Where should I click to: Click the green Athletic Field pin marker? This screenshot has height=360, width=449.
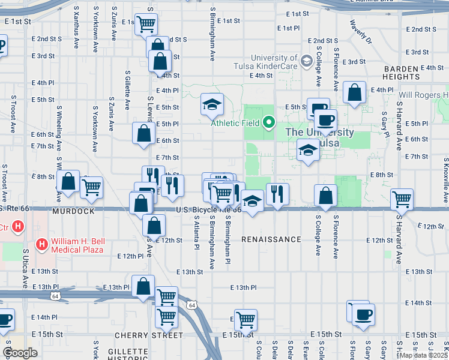[268, 123]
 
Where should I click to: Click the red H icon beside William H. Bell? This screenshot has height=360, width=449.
[42, 244]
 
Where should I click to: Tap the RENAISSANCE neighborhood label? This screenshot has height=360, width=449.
[271, 239]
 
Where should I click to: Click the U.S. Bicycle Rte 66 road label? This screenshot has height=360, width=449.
[208, 209]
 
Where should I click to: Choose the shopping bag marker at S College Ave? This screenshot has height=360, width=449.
[325, 195]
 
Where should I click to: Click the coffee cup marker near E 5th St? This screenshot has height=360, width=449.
[325, 119]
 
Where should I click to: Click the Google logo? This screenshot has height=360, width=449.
[20, 353]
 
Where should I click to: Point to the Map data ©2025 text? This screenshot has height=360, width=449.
[423, 355]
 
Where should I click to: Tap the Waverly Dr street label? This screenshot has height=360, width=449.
[361, 33]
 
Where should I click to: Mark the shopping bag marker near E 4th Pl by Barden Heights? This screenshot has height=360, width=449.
[355, 92]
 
